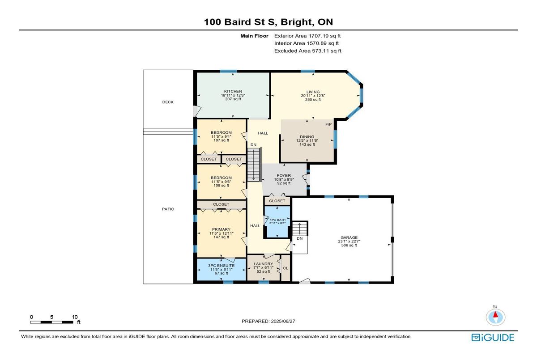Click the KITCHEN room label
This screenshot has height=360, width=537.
pyautogui.click(x=233, y=91)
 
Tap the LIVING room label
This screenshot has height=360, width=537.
pyautogui.click(x=313, y=92)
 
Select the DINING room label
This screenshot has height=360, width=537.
pyautogui.click(x=307, y=137)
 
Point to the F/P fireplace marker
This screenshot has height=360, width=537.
pyautogui.click(x=328, y=124)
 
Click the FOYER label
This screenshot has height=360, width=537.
pyautogui.click(x=284, y=176)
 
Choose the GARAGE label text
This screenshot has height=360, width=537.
pyautogui.click(x=349, y=237)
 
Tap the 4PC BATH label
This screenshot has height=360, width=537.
pyautogui.click(x=277, y=220)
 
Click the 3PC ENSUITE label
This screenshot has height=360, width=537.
pyautogui.click(x=221, y=266)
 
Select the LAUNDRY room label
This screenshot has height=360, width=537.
pyautogui.click(x=264, y=264)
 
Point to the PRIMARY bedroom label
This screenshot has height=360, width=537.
pyautogui.click(x=221, y=229)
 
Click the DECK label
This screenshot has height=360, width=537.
pyautogui.click(x=168, y=102)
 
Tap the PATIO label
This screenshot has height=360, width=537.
pyautogui.click(x=168, y=209)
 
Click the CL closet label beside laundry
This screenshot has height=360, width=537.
pyautogui.click(x=286, y=268)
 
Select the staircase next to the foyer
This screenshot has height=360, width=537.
pyautogui.click(x=254, y=165)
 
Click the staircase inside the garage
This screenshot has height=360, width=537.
pyautogui.click(x=300, y=229)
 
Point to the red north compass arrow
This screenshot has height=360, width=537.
pyautogui.click(x=495, y=314)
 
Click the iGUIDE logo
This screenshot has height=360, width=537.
pyautogui.click(x=493, y=338)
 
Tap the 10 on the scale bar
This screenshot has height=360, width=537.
pyautogui.click(x=75, y=317)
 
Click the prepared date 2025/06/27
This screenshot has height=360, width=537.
pyautogui.click(x=283, y=321)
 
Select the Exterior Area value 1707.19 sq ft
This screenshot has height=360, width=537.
pyautogui.click(x=324, y=36)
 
